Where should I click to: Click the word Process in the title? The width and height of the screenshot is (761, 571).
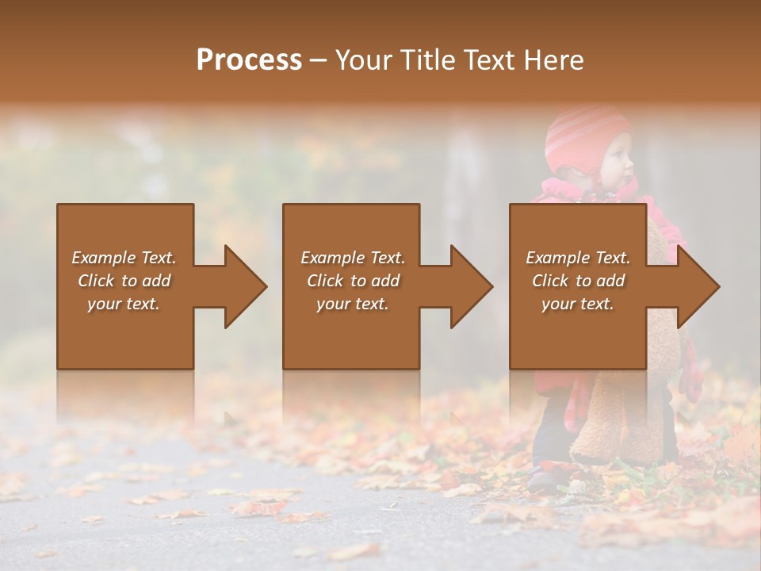click(x=249, y=60)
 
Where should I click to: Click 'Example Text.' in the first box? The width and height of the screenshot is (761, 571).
click(x=124, y=258)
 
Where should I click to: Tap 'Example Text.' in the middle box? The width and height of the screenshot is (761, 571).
click(x=353, y=258)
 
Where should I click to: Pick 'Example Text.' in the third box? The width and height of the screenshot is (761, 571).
click(x=578, y=258)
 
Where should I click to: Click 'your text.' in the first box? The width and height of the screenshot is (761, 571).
click(x=124, y=304)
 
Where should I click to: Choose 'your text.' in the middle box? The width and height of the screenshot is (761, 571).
click(x=353, y=304)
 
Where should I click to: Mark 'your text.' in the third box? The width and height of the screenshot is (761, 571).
click(x=578, y=304)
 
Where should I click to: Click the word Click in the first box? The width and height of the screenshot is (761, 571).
click(x=96, y=281)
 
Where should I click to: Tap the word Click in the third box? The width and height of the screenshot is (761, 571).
click(x=550, y=281)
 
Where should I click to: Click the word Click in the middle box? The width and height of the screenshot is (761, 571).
click(x=325, y=281)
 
